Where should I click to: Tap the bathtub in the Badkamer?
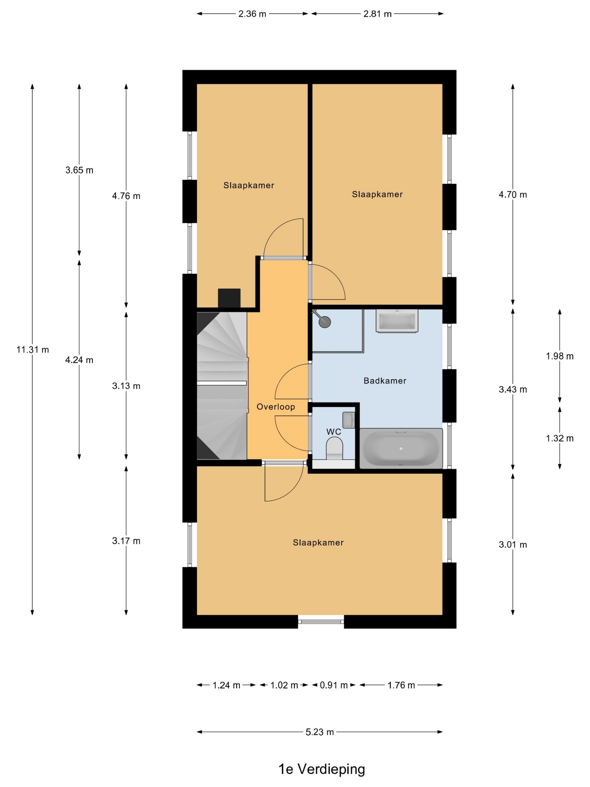pyautogui.click(x=401, y=448)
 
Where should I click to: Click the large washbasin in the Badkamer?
pyautogui.click(x=397, y=321)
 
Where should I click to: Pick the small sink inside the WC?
pyautogui.click(x=349, y=420)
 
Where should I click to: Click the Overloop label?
pyautogui.click(x=276, y=407)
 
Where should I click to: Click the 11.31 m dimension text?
pyautogui.click(x=32, y=349)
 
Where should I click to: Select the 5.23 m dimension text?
pyautogui.click(x=320, y=732)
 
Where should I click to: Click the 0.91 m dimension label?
pyautogui.click(x=333, y=685)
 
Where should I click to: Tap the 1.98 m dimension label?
pyautogui.click(x=560, y=356)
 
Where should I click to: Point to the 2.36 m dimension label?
pyautogui.click(x=252, y=14)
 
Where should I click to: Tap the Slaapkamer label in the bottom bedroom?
pyautogui.click(x=318, y=542)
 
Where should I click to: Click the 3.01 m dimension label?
pyautogui.click(x=513, y=545)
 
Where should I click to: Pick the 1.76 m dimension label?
pyautogui.click(x=401, y=685)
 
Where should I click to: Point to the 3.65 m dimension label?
pyautogui.click(x=79, y=170)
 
